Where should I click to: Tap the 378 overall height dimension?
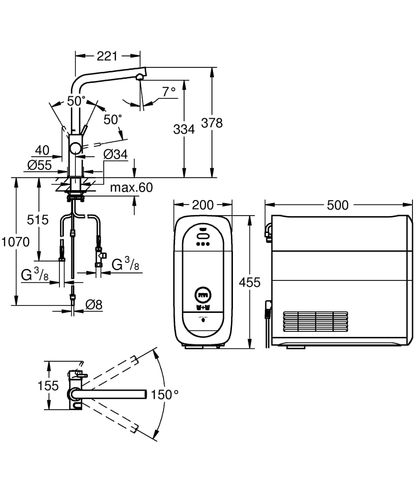[212, 123]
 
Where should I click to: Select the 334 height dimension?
[184, 129]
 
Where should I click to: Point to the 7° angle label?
[169, 91]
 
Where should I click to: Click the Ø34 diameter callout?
[115, 155]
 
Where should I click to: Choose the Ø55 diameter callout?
[39, 165]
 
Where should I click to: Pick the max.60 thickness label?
[131, 188]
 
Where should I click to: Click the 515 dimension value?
[37, 220]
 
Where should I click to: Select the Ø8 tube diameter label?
[94, 305]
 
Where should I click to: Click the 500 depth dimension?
[338, 205]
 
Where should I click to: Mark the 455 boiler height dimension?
[249, 282]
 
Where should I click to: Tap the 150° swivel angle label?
[165, 395]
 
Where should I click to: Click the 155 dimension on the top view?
[48, 385]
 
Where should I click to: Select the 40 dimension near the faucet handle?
[42, 150]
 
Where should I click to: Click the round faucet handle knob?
[75, 148]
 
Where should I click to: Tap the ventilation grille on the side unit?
[315, 322]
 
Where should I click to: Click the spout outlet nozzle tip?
[140, 77]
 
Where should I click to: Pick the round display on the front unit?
[203, 295]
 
